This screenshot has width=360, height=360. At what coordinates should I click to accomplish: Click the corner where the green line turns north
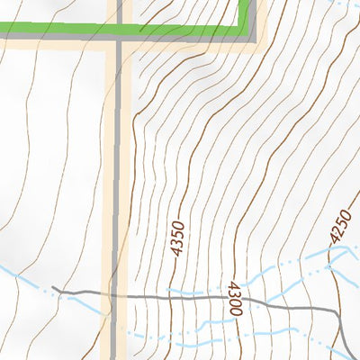tap(244, 31)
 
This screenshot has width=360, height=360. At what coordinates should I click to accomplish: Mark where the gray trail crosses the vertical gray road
tap(118, 294)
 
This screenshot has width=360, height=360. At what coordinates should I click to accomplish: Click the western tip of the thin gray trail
tap(53, 288)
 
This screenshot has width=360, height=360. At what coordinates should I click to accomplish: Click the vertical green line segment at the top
tap(245, 13)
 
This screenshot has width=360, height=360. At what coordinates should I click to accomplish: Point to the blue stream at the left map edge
tap(7, 268)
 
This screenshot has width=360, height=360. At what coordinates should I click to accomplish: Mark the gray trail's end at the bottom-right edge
tap(349, 355)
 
